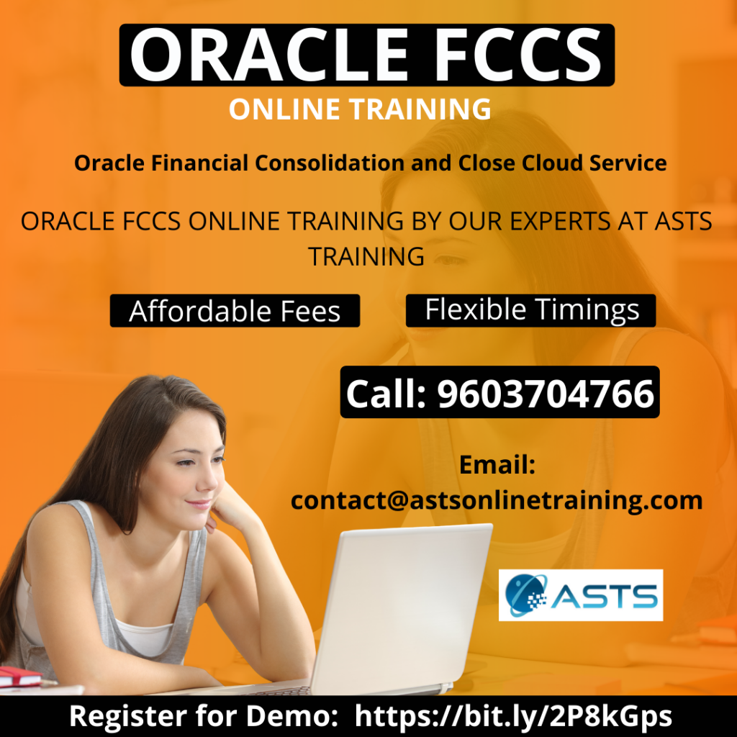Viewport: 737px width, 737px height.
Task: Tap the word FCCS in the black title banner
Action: pyautogui.click(x=518, y=55)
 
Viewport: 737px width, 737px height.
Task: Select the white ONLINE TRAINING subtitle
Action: pyautogui.click(x=360, y=109)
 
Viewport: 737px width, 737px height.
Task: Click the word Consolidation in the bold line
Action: pyautogui.click(x=329, y=163)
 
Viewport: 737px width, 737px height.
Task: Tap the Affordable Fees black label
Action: pyautogui.click(x=235, y=311)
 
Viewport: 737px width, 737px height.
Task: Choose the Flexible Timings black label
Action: pyautogui.click(x=530, y=310)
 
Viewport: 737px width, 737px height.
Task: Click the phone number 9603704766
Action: pyautogui.click(x=546, y=393)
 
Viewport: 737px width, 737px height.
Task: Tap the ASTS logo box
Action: pyautogui.click(x=581, y=595)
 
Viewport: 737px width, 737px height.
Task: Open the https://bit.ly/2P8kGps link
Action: pyautogui.click(x=513, y=716)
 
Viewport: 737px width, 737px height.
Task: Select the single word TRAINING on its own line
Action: pyautogui.click(x=366, y=257)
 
